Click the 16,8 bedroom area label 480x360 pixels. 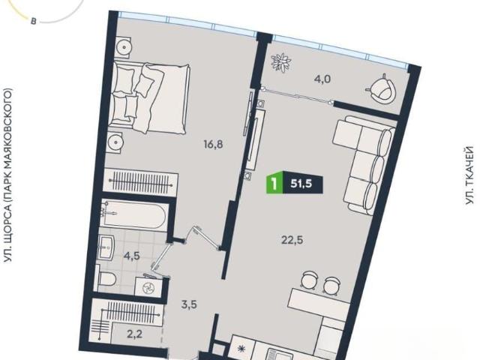click(x=213, y=144)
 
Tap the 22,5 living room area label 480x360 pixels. click(x=292, y=240)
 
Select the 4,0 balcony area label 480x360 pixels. click(x=322, y=79)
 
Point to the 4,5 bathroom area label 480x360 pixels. click(x=132, y=256)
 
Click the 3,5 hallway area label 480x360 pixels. click(x=188, y=305)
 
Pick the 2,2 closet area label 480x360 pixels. click(x=134, y=334)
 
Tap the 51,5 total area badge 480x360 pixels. click(x=301, y=184)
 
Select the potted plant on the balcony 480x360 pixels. click(x=280, y=63)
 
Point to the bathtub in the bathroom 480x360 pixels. click(x=134, y=215)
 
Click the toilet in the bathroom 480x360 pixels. click(x=106, y=279)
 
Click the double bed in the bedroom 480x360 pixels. click(x=150, y=98)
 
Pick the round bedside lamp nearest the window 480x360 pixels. click(x=124, y=47)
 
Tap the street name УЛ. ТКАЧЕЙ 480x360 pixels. click(x=469, y=175)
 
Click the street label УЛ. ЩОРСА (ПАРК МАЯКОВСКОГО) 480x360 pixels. click(x=8, y=175)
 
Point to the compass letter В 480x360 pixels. click(x=33, y=22)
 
